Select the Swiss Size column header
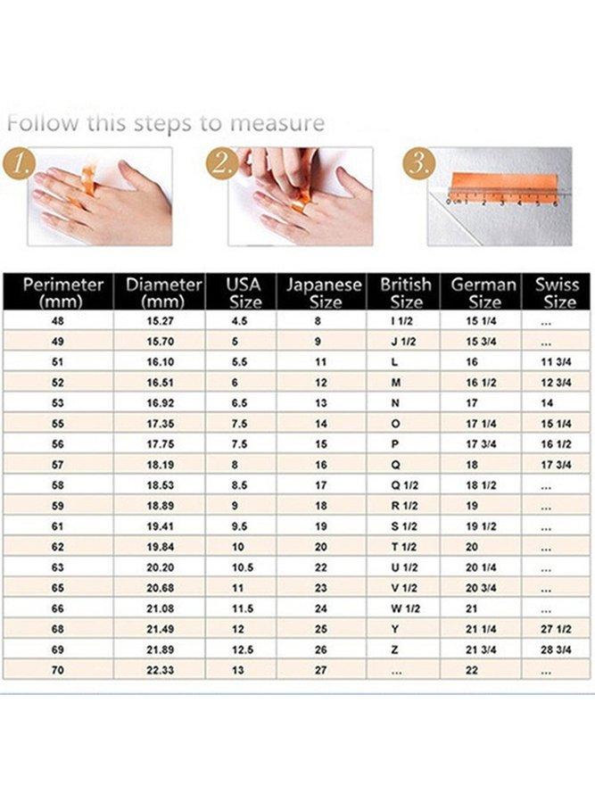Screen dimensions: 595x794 coord(558,293)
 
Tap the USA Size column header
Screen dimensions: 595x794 coord(244,293)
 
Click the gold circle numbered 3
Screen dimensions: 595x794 coord(418,163)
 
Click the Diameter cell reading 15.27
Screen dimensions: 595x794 coord(160,321)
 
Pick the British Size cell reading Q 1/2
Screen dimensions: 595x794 coord(405,485)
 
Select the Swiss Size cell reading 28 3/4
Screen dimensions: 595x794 coord(556,649)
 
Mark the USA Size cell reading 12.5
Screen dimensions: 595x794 coord(243,649)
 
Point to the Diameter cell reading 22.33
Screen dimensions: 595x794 coord(160,671)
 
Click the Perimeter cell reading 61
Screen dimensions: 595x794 coord(58,526)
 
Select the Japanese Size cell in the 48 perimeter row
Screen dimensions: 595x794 coord(318,321)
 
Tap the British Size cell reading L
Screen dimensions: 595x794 coord(394,362)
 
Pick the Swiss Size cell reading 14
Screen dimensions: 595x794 coord(547,403)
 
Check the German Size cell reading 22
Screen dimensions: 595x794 coord(472,671)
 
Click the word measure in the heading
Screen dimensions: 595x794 coord(277,124)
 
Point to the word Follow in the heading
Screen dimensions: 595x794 coord(43,123)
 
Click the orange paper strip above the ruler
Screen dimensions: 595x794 coord(502,180)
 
